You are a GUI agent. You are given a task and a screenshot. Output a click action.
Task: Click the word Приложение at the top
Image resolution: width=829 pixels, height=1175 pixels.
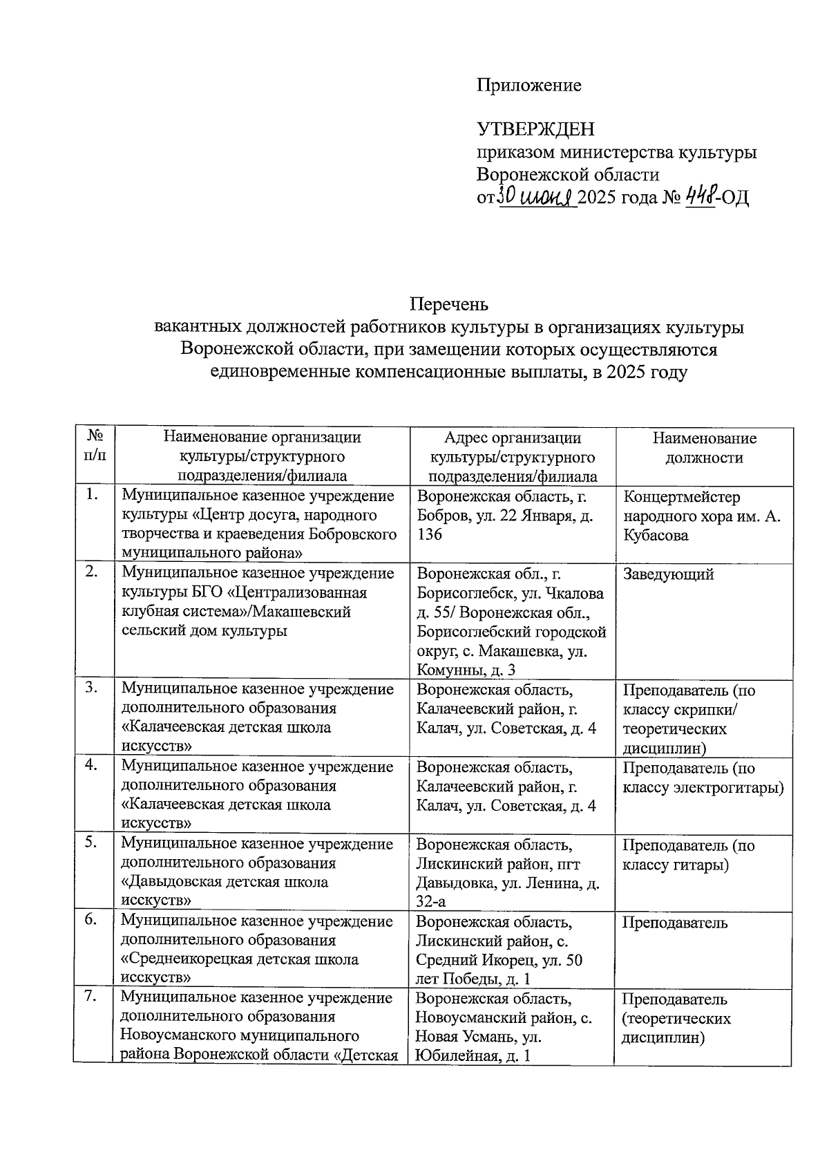[x=528, y=85]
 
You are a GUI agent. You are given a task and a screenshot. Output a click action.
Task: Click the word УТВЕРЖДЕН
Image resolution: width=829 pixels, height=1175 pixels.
[x=535, y=129]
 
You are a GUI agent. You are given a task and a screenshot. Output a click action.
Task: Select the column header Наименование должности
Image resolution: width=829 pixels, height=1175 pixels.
[x=704, y=448]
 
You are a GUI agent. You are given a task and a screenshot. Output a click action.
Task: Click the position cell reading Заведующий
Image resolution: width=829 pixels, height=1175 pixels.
[x=668, y=574]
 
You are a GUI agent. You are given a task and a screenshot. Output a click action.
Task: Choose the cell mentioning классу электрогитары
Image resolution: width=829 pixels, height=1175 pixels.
[x=703, y=778]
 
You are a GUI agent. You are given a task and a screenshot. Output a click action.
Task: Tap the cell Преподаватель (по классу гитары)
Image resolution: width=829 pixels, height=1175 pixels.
[x=688, y=855]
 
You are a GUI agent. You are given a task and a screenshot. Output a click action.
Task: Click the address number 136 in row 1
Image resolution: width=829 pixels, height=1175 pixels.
[x=430, y=535]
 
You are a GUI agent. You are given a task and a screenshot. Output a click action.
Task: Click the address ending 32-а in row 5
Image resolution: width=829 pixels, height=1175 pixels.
[x=430, y=901]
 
